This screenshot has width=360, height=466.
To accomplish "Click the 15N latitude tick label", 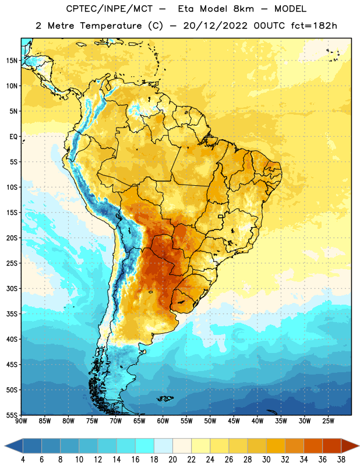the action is click(x=12, y=61).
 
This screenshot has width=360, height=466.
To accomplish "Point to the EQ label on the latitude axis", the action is click(x=13, y=137).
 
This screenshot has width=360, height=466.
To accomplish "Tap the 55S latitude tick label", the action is click(x=12, y=415).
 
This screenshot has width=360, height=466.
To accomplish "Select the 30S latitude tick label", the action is click(x=12, y=288).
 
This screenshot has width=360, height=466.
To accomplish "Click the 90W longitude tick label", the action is click(x=21, y=421).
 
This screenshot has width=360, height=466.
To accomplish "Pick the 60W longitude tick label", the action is click(x=163, y=421).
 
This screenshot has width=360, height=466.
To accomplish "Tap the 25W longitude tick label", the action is click(x=328, y=421).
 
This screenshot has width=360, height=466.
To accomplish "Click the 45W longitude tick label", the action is click(x=234, y=421).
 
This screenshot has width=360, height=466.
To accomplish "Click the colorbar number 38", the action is click(x=341, y=460).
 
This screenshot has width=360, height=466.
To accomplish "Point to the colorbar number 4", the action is click(x=23, y=460).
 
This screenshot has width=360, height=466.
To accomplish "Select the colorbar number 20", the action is click(x=172, y=460).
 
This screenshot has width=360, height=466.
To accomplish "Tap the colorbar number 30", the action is click(x=266, y=460).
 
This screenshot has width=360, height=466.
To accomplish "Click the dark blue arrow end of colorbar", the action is click(x=14, y=446).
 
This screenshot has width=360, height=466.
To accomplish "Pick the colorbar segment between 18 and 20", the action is click(x=164, y=446).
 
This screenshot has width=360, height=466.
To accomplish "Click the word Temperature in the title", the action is click(x=111, y=26).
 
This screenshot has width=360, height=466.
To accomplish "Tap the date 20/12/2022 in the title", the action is click(x=215, y=26).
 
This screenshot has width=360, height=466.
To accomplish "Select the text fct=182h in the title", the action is click(x=314, y=26).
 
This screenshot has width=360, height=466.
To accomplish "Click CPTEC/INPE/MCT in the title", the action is click(x=109, y=9).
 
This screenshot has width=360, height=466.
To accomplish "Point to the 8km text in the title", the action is click(x=243, y=9).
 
